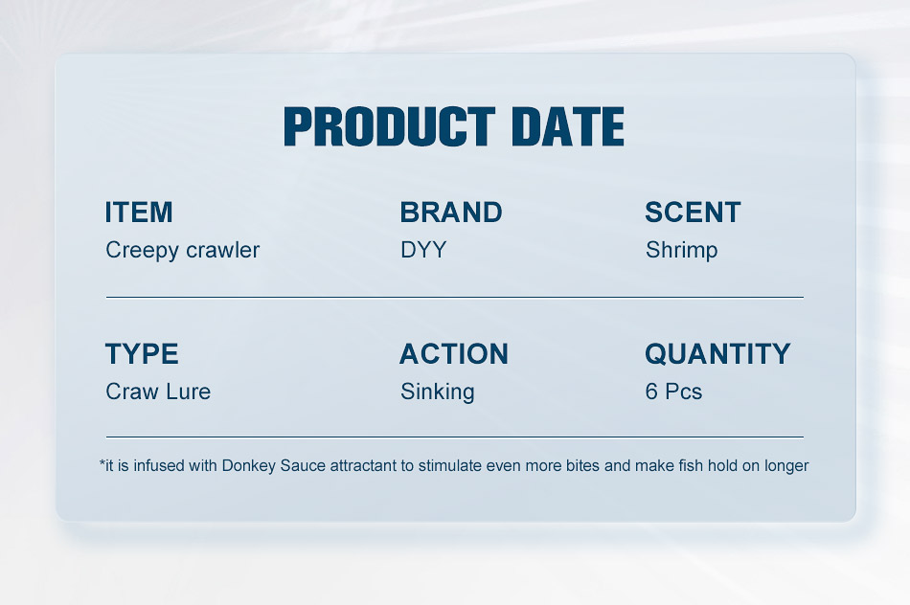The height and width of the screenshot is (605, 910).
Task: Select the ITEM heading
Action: pyautogui.click(x=139, y=213)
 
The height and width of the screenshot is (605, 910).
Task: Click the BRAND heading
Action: pyautogui.click(x=451, y=213)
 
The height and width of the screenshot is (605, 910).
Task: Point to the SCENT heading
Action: pyautogui.click(x=693, y=213)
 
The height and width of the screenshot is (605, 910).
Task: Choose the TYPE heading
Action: pyautogui.click(x=142, y=354)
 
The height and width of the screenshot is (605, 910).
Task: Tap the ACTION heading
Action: pyautogui.click(x=454, y=354)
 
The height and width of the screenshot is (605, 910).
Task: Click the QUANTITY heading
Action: pyautogui.click(x=717, y=354)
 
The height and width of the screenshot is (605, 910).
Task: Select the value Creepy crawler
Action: pyautogui.click(x=182, y=251)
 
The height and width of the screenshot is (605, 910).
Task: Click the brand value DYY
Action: pyautogui.click(x=423, y=250)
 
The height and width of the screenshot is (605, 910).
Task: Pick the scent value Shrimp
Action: pyautogui.click(x=681, y=251)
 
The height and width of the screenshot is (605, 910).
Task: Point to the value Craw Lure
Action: pyautogui.click(x=158, y=392)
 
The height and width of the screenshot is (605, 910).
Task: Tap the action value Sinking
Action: pyautogui.click(x=437, y=392)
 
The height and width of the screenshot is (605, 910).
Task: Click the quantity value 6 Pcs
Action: pyautogui.click(x=673, y=392)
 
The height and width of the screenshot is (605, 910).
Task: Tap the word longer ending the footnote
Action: pyautogui.click(x=786, y=466)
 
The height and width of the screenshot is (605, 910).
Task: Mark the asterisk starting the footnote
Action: pyautogui.click(x=102, y=462)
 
